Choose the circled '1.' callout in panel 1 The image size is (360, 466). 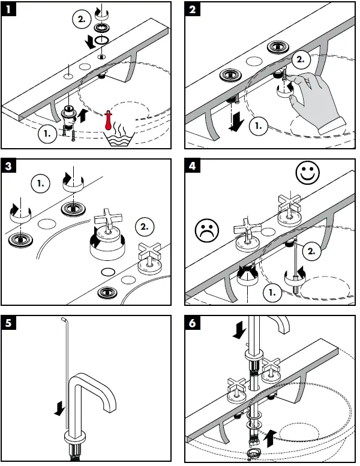tap(47, 133)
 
